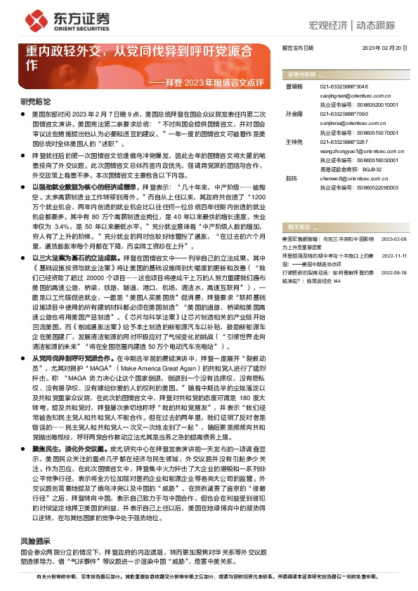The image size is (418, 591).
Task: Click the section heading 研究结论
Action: pos(35,101)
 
